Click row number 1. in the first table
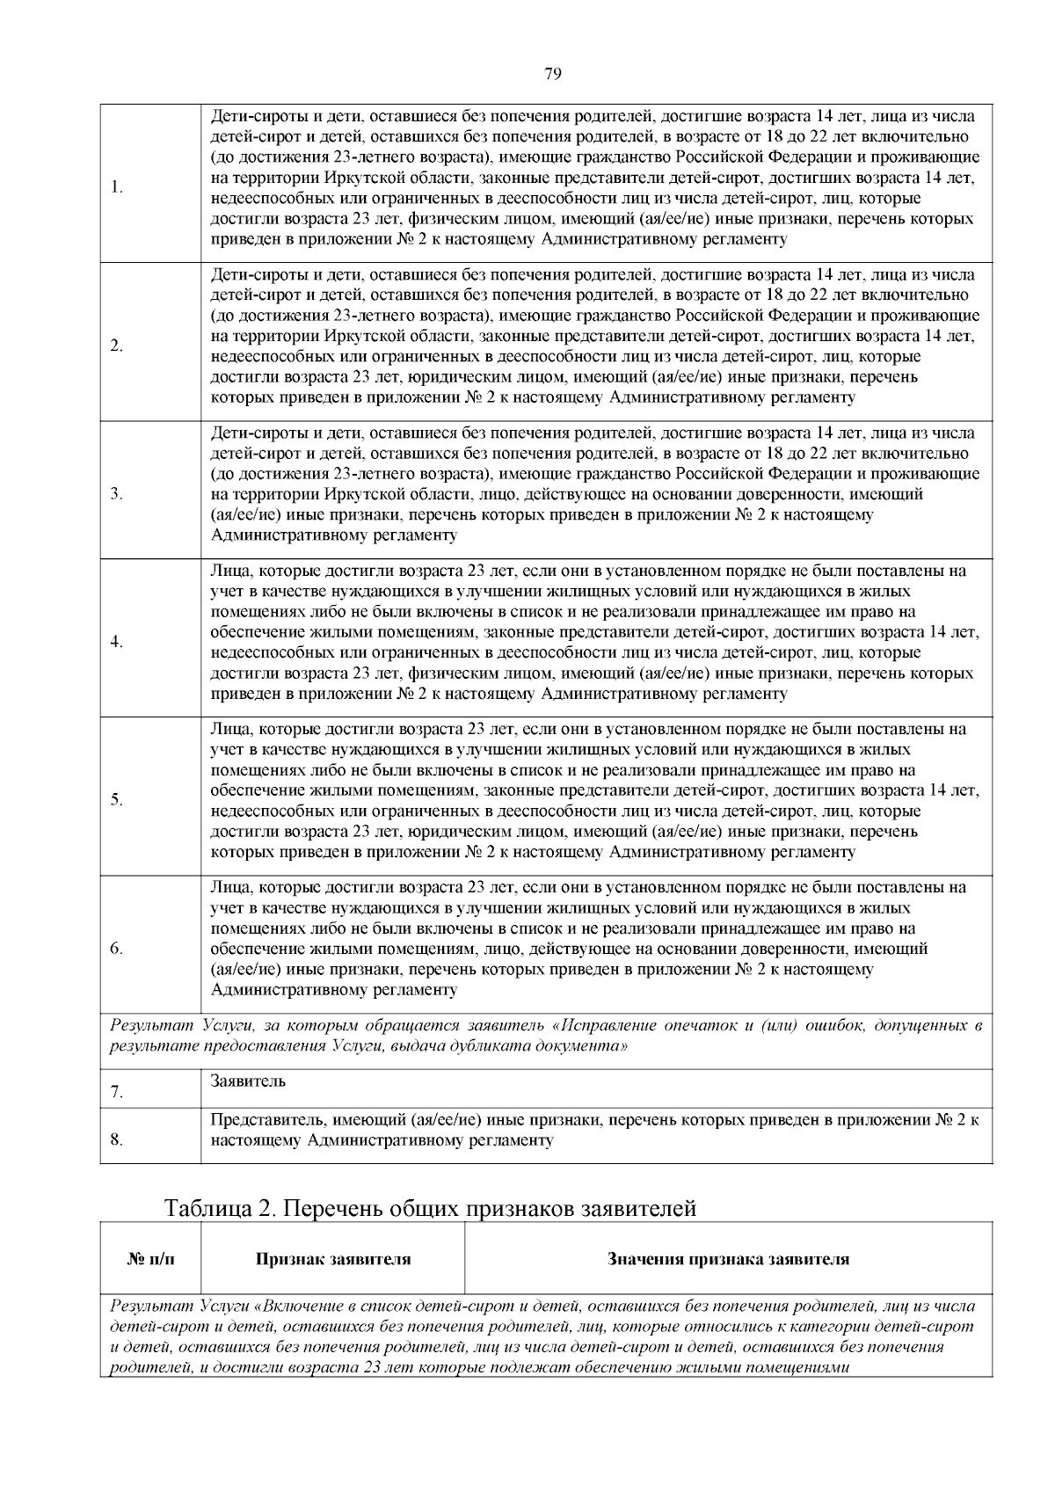[x=117, y=187]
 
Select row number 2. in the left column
[x=117, y=345]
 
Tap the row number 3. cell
[x=117, y=493]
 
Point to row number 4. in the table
[x=117, y=641]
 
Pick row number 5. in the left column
[x=117, y=799]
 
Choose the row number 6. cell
[x=117, y=948]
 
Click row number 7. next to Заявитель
[x=117, y=1092]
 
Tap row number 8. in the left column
[x=117, y=1139]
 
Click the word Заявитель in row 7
[x=248, y=1081]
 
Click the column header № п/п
[x=150, y=1259]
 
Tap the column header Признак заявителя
[x=332, y=1259]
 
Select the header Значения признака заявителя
[x=728, y=1259]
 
